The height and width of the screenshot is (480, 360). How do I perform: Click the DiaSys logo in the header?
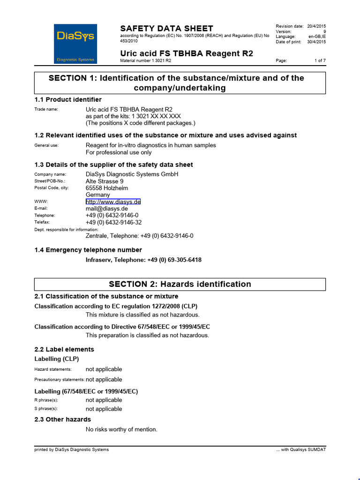pyautogui.click(x=75, y=44)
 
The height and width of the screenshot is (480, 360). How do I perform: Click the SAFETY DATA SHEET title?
pyautogui.click(x=166, y=28)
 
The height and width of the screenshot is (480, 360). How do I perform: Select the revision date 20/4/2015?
pyautogui.click(x=316, y=26)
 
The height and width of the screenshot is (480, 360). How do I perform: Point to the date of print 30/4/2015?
pyautogui.click(x=316, y=42)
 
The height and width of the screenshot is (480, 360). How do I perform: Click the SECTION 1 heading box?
pyautogui.click(x=180, y=83)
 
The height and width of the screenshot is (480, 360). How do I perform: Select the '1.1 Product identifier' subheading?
pyautogui.click(x=68, y=99)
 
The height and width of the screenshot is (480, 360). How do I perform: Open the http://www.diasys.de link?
pyautogui.click(x=113, y=202)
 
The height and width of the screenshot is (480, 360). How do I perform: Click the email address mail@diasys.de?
pyautogui.click(x=106, y=209)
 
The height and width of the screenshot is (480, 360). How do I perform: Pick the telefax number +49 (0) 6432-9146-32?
pyautogui.click(x=113, y=223)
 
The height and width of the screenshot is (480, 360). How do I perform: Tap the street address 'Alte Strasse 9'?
pyautogui.click(x=105, y=181)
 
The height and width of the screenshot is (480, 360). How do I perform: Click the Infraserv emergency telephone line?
pyautogui.click(x=143, y=260)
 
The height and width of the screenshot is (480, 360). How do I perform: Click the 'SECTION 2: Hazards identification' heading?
pyautogui.click(x=180, y=284)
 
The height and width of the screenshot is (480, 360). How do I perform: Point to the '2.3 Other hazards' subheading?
pyautogui.click(x=63, y=419)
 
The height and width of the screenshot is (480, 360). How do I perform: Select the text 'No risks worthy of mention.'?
pyautogui.click(x=121, y=429)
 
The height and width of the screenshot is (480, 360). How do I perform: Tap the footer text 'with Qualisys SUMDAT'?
pyautogui.click(x=303, y=450)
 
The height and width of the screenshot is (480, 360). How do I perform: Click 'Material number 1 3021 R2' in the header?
pyautogui.click(x=145, y=60)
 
